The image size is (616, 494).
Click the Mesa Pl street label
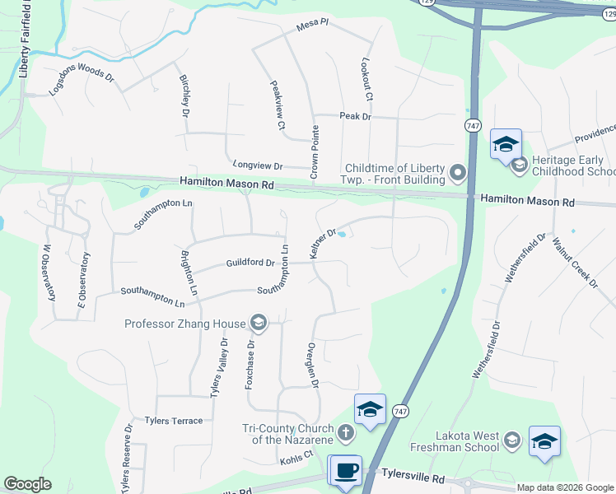tap(312, 28)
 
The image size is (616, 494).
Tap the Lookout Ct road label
tap(367, 80)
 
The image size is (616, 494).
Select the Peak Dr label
tap(356, 117)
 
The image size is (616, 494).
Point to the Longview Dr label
tap(257, 165)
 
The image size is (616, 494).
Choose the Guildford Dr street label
tap(250, 263)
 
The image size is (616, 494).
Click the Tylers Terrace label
tap(173, 421)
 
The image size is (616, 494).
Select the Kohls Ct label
tap(297, 454)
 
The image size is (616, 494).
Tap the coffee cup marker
tap(345, 470)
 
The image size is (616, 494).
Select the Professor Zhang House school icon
tap(259, 322)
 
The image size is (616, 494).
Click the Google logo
tap(27, 484)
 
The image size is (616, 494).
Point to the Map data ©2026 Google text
tap(564, 487)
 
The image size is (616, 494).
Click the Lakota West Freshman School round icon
tap(511, 440)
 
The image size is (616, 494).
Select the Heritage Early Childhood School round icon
tap(520, 165)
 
